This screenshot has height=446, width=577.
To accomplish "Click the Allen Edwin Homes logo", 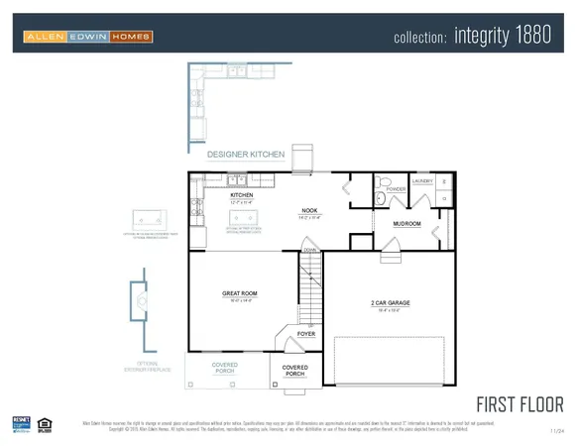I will pos(88,38).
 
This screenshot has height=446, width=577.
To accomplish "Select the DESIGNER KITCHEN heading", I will pos(245,155).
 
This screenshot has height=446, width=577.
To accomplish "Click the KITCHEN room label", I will pos(242,196).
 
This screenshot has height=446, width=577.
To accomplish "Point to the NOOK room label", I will pos(309,211).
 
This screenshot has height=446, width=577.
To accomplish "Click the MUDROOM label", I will pos(406,224).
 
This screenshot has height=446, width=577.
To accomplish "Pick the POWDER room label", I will pos(396,189).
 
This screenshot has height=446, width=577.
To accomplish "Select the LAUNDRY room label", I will pos(423,181).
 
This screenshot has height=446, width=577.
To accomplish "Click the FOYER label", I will pos(306,335).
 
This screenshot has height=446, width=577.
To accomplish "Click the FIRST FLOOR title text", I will pos(519,403).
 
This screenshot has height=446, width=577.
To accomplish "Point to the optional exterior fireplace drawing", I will pos(142,301).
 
